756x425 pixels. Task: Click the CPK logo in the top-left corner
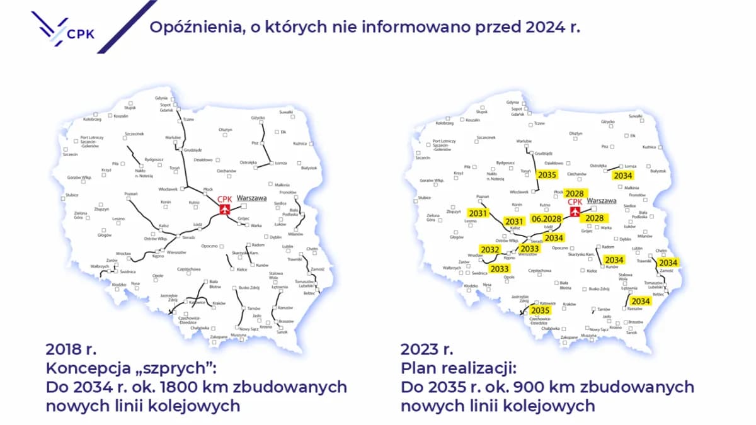coord(63,28)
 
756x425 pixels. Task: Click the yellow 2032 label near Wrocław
coord(491,250)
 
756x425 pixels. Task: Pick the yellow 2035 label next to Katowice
coord(541,310)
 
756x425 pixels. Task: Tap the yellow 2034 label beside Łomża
coord(623,176)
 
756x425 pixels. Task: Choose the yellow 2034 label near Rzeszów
coord(641,302)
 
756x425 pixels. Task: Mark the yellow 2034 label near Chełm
coord(668,263)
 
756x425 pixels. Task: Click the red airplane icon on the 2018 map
coord(224,210)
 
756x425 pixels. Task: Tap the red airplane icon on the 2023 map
coord(575,212)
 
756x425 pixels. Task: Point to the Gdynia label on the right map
coord(512,102)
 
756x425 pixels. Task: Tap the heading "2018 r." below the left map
coord(71,349)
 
